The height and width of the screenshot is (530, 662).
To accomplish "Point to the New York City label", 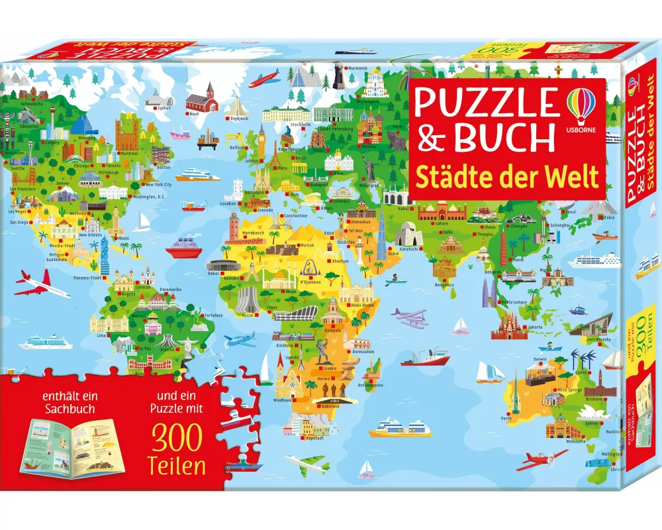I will (159, 185).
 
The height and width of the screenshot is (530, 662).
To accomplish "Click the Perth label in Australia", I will (507, 418).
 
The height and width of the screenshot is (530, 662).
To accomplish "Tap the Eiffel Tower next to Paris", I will (274, 153).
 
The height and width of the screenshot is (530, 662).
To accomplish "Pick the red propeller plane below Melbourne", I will (541, 458).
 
